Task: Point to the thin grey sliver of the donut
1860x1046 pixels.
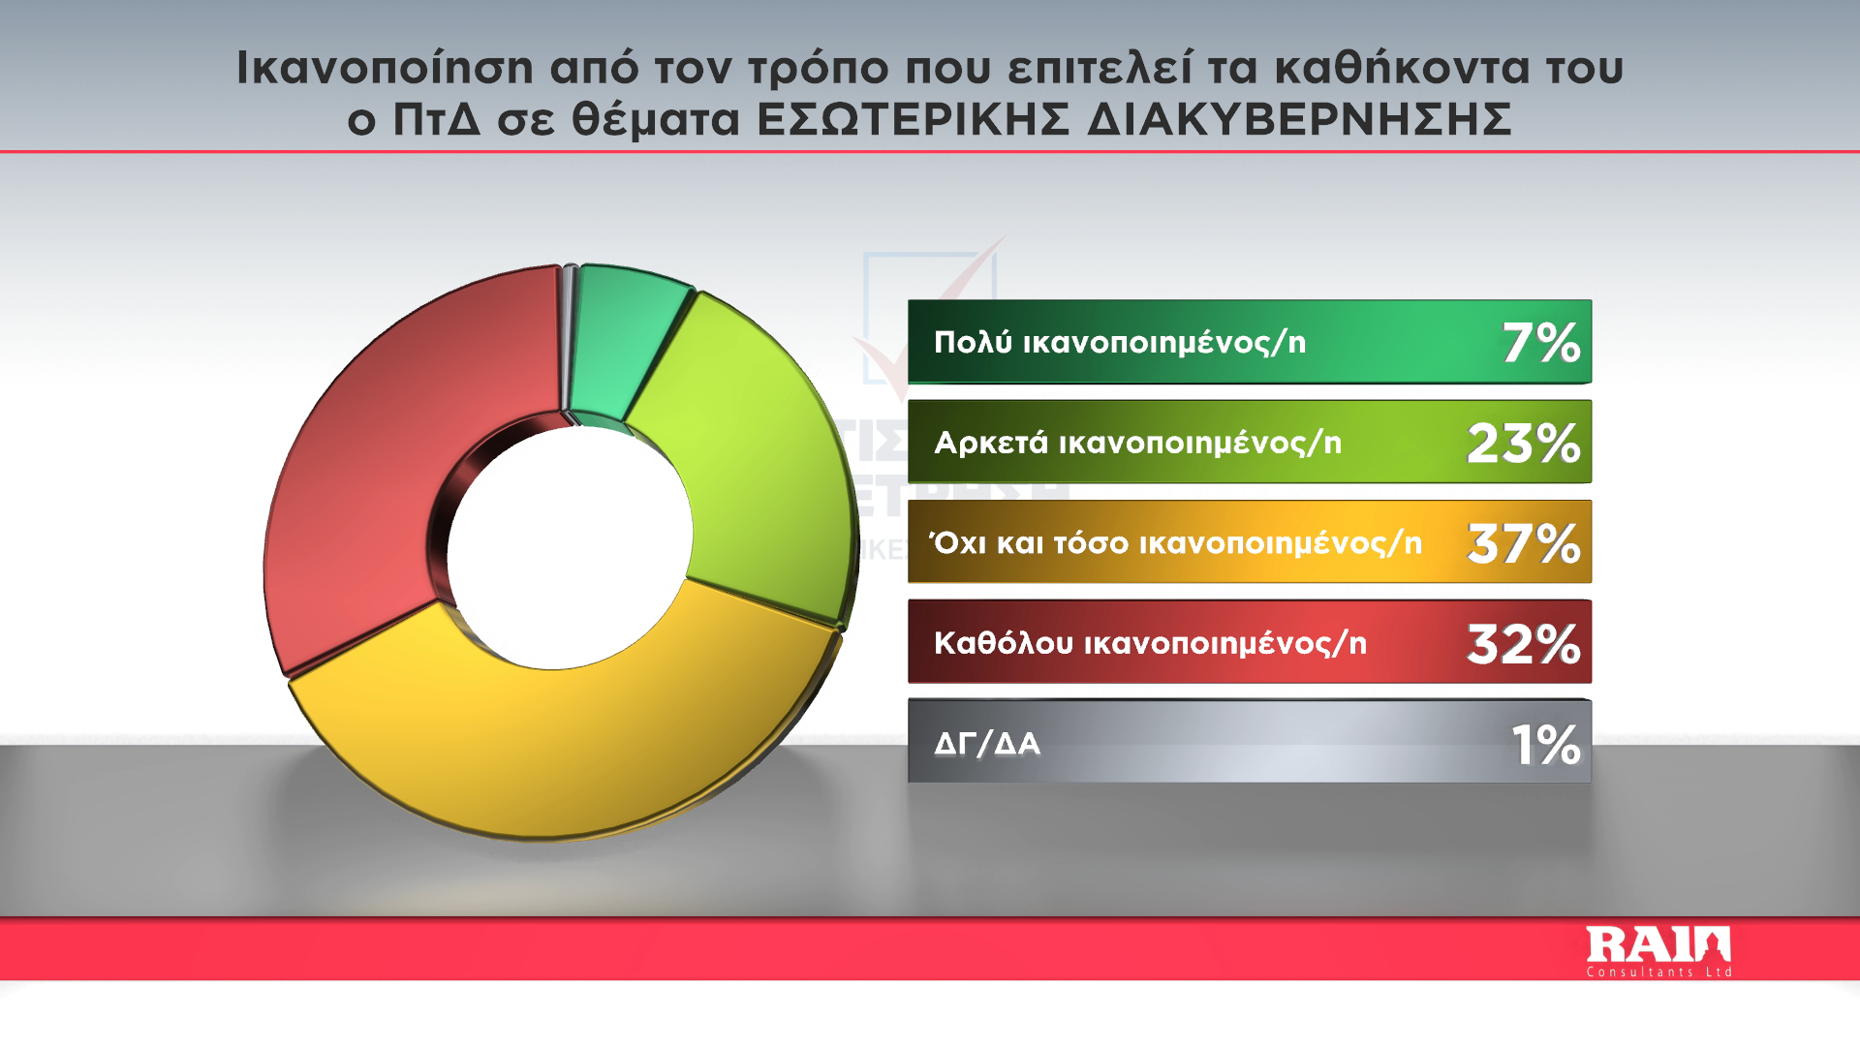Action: coord(569,339)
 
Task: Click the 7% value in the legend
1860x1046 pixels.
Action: coord(1541,343)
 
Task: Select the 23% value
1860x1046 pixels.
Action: coord(1524,443)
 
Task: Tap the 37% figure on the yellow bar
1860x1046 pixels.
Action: coord(1524,543)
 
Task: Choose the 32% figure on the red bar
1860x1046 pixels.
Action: coord(1524,643)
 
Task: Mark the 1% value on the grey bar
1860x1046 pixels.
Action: coord(1546,744)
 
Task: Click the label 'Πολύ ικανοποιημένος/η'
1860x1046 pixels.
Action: coord(1120,342)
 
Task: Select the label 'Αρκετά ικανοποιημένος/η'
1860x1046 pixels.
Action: coord(1138,443)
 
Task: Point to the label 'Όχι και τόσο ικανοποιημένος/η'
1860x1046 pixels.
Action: coord(1175,542)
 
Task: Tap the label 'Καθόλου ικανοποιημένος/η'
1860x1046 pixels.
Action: coord(1151,643)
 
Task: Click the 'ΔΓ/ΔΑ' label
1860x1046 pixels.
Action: coord(987,744)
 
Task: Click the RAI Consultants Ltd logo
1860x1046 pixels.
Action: coord(1659,952)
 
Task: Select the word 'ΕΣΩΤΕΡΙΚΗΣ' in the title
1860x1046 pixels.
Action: coord(913,120)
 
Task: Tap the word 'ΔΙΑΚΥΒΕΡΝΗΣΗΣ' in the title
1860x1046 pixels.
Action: coord(1300,120)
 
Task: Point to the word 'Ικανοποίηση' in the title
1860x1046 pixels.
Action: coord(386,68)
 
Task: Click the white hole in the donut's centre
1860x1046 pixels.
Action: coord(570,547)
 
